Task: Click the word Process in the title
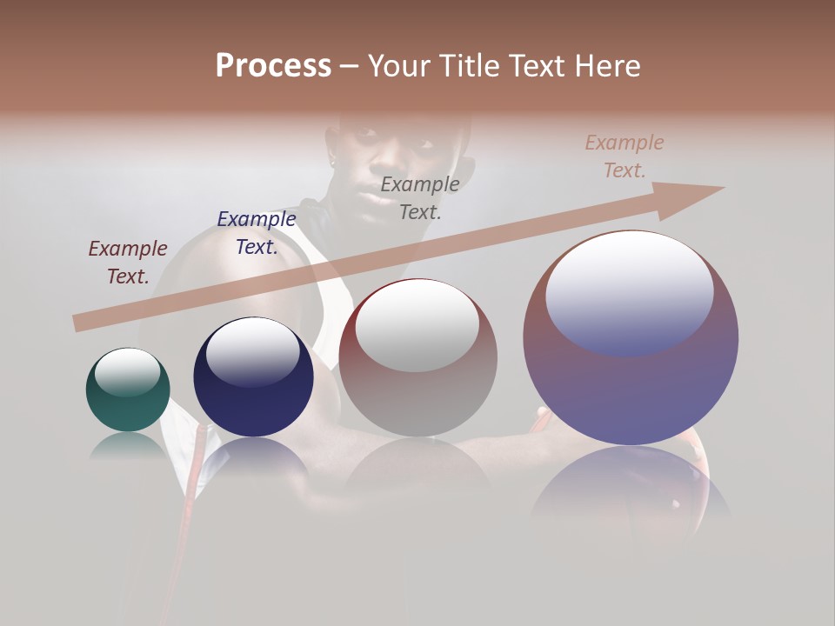pyautogui.click(x=273, y=66)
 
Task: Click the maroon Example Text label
pyautogui.click(x=128, y=262)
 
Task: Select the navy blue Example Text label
pyautogui.click(x=257, y=232)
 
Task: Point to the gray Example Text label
pyautogui.click(x=420, y=197)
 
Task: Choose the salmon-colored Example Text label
pyautogui.click(x=625, y=156)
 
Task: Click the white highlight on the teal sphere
pyautogui.click(x=127, y=373)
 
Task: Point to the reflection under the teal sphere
pyautogui.click(x=127, y=445)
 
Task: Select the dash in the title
pyautogui.click(x=350, y=66)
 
